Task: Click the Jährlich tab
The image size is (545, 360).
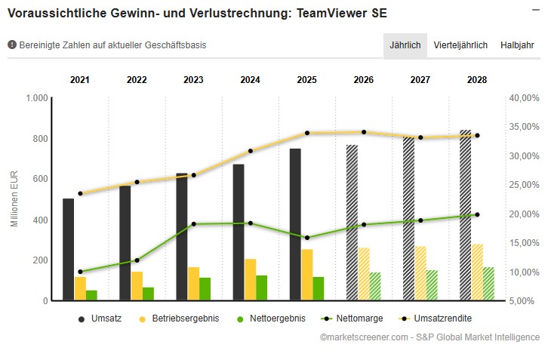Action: click(x=405, y=45)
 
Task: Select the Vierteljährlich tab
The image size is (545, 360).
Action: click(x=460, y=45)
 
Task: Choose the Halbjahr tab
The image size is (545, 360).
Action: click(x=517, y=45)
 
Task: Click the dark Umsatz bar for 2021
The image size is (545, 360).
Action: click(x=69, y=250)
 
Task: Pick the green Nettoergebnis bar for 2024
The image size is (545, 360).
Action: click(x=261, y=288)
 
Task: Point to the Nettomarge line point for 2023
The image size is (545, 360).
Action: click(x=193, y=224)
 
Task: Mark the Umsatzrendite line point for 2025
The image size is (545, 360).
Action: click(x=307, y=134)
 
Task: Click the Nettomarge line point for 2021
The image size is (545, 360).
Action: click(x=80, y=272)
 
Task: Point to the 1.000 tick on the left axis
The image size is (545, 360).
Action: click(x=37, y=98)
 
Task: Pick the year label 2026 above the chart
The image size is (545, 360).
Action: click(x=364, y=79)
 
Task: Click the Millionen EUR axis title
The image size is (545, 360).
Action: click(x=14, y=200)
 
